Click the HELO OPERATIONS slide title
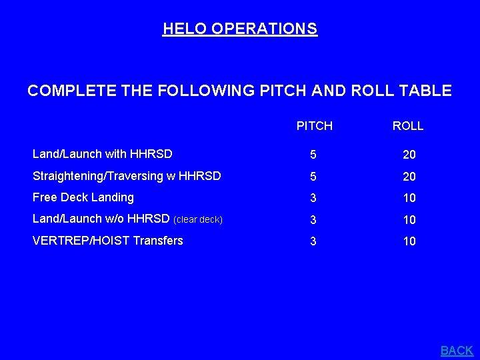click(x=240, y=29)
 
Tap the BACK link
click(x=457, y=350)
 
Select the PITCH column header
click(x=314, y=125)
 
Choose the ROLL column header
click(x=408, y=125)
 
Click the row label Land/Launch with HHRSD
click(x=103, y=154)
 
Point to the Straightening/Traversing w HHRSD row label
click(x=127, y=176)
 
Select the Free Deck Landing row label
click(x=83, y=197)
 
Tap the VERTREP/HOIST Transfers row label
click(x=108, y=241)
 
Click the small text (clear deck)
click(x=198, y=220)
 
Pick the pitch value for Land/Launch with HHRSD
click(x=313, y=155)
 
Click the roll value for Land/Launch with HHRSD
click(x=409, y=155)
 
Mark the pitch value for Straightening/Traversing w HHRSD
click(x=313, y=177)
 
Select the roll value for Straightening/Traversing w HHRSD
click(x=409, y=177)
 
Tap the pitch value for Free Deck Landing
click(x=313, y=198)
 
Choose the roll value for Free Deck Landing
click(x=409, y=198)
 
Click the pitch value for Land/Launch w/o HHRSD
click(x=313, y=220)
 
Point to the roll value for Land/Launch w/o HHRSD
click(x=409, y=220)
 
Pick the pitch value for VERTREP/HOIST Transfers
click(x=313, y=241)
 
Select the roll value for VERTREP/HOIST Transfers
click(x=409, y=241)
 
